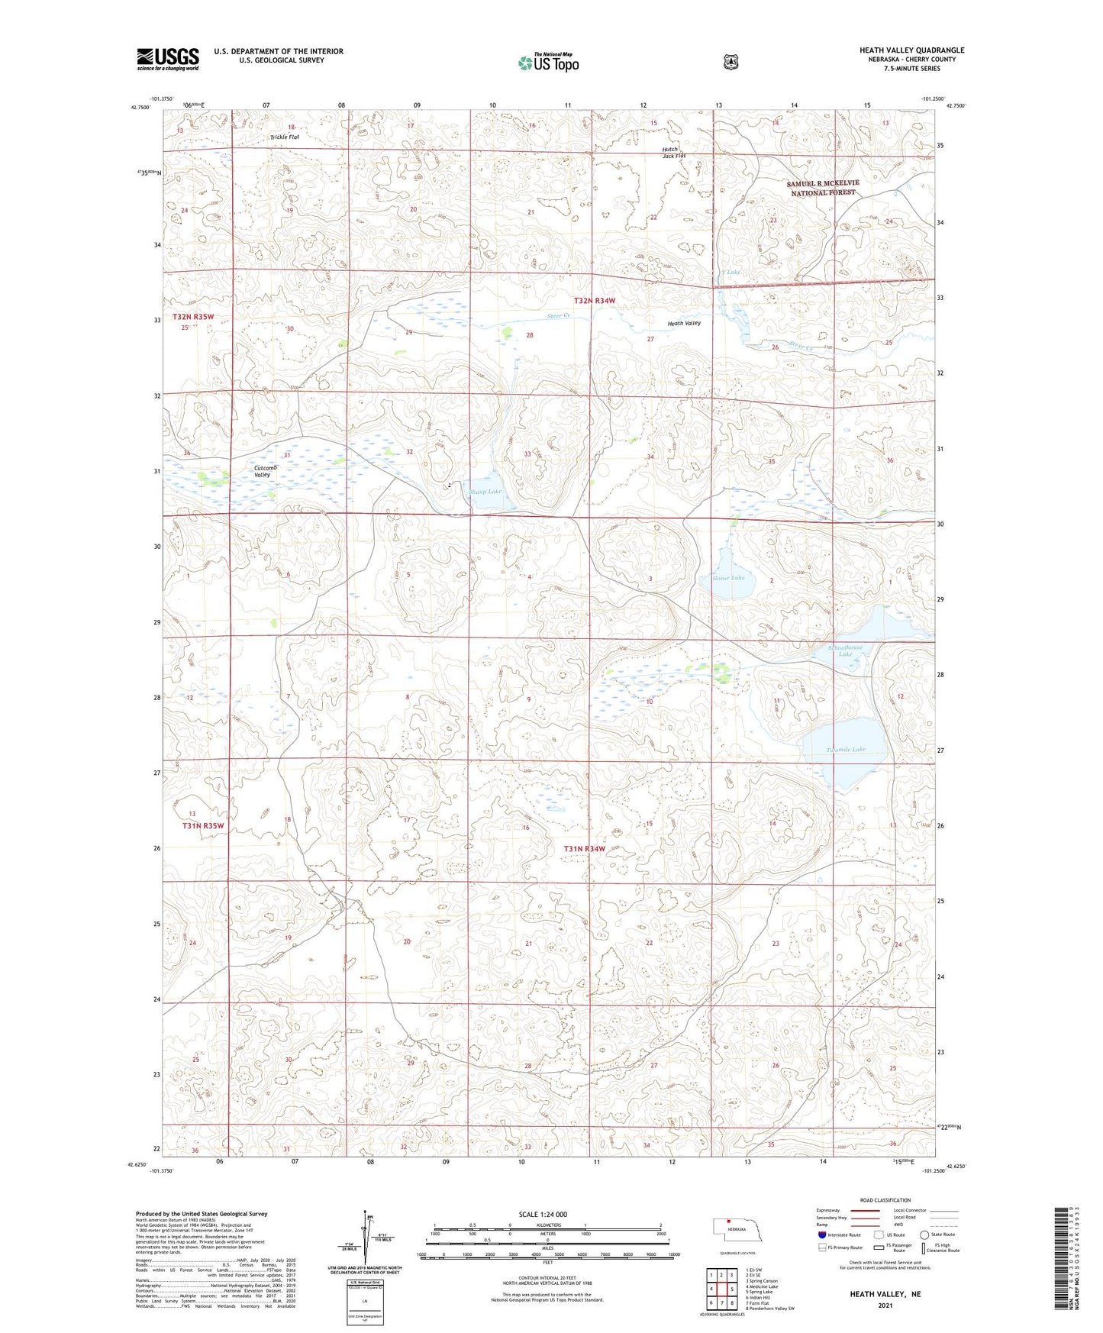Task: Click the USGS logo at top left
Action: (x=168, y=59)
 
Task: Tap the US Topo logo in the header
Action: (x=548, y=63)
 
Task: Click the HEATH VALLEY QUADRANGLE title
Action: (x=911, y=50)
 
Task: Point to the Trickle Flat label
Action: (x=284, y=137)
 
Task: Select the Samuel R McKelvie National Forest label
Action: (x=823, y=188)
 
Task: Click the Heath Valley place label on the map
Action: (x=684, y=323)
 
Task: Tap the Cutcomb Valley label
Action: (x=263, y=471)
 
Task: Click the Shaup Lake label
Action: (x=485, y=492)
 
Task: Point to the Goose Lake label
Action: (x=728, y=578)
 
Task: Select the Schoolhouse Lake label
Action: (x=845, y=650)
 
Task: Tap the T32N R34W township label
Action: (x=595, y=301)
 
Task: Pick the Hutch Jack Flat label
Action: (x=673, y=152)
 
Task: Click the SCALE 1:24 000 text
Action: (x=543, y=1214)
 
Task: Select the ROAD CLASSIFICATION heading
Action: (x=885, y=1200)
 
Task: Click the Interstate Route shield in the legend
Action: (x=821, y=1235)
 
